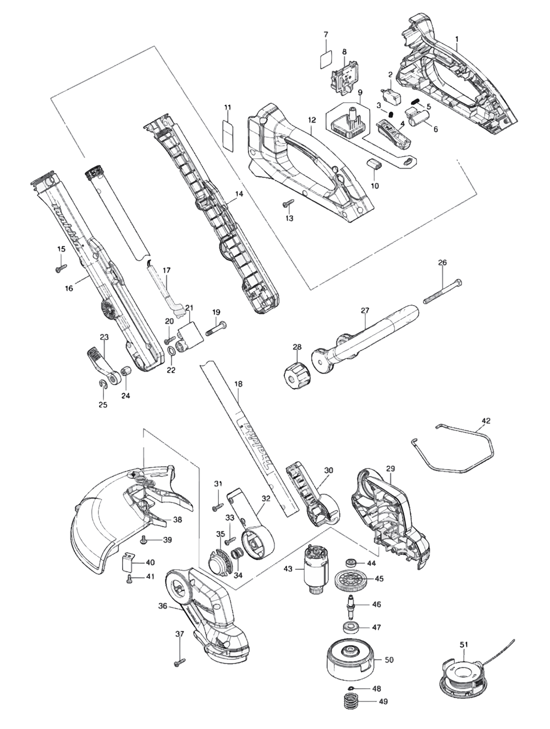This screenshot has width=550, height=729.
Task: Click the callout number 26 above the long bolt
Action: pyautogui.click(x=442, y=263)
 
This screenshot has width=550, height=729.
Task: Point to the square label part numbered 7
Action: pyautogui.click(x=326, y=60)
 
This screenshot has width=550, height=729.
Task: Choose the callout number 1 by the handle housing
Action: pyautogui.click(x=457, y=38)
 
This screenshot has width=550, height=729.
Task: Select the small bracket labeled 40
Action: pyautogui.click(x=128, y=562)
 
